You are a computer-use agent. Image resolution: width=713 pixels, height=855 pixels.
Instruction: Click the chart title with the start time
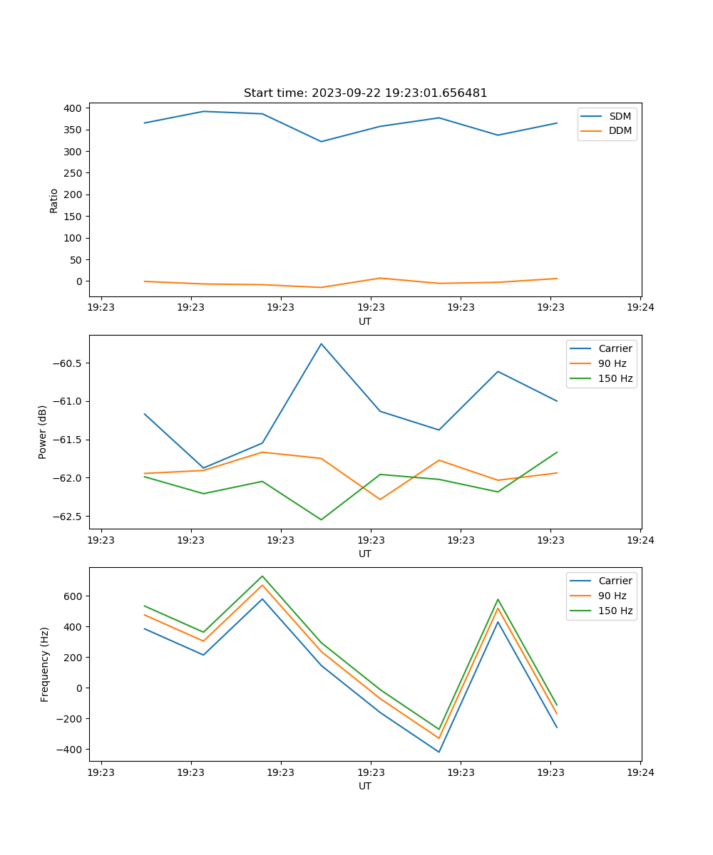click(365, 93)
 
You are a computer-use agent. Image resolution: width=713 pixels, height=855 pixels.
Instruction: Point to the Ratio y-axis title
click(54, 200)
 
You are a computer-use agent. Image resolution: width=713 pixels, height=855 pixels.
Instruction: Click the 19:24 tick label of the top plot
click(640, 308)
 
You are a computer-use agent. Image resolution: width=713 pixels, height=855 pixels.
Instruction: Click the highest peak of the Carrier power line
click(321, 343)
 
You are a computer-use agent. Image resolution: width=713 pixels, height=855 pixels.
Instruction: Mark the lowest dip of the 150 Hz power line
click(321, 519)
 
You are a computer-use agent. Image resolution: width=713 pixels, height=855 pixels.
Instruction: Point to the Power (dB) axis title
click(43, 432)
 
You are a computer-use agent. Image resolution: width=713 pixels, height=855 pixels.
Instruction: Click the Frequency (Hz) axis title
click(44, 664)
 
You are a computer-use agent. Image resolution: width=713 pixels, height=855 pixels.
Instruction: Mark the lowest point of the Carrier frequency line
click(438, 752)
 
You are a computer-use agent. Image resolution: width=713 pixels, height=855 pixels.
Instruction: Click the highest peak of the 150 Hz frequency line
click(262, 576)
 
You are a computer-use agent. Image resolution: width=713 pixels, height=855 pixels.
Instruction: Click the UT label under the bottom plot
click(365, 786)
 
